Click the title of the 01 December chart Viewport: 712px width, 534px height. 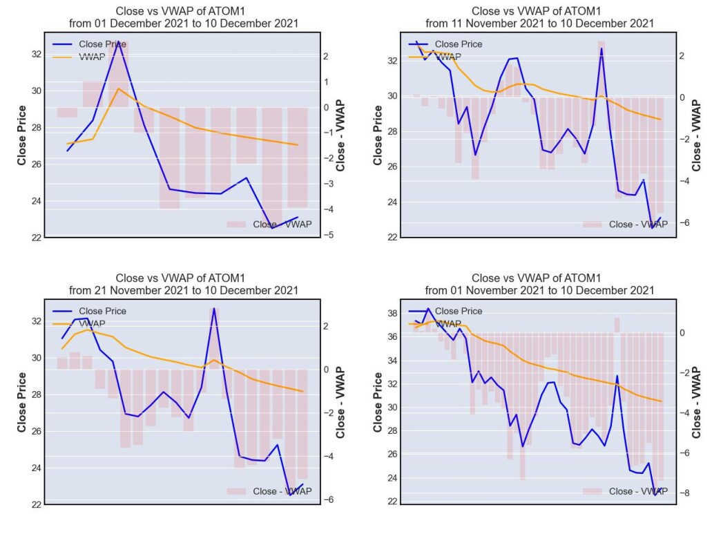pyautogui.click(x=184, y=17)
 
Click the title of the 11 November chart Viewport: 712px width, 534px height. pyautogui.click(x=539, y=17)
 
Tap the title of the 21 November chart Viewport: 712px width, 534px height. pyautogui.click(x=184, y=284)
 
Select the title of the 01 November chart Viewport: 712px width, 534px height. pyautogui.click(x=539, y=284)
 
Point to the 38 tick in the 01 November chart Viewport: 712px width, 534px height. pyautogui.click(x=392, y=314)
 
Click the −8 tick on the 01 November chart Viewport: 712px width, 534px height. pyautogui.click(x=684, y=493)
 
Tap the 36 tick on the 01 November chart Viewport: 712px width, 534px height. pyautogui.click(x=392, y=337)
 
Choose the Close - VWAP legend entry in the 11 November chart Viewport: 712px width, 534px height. pyautogui.click(x=625, y=225)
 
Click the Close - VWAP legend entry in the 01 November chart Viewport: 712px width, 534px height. pyautogui.click(x=625, y=491)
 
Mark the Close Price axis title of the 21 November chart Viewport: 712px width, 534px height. pyautogui.click(x=21, y=402)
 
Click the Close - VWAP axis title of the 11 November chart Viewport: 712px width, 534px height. pyautogui.click(x=696, y=135)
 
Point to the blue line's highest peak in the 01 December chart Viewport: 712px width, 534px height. pyautogui.click(x=119, y=42)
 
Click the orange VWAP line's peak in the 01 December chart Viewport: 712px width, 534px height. pyautogui.click(x=119, y=88)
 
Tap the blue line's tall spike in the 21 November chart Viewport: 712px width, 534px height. pyautogui.click(x=214, y=309)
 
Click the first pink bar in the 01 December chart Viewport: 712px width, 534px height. pyautogui.click(x=67, y=113)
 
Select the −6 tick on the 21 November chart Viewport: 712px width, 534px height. pyautogui.click(x=328, y=499)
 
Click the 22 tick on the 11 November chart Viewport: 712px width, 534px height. pyautogui.click(x=392, y=237)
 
